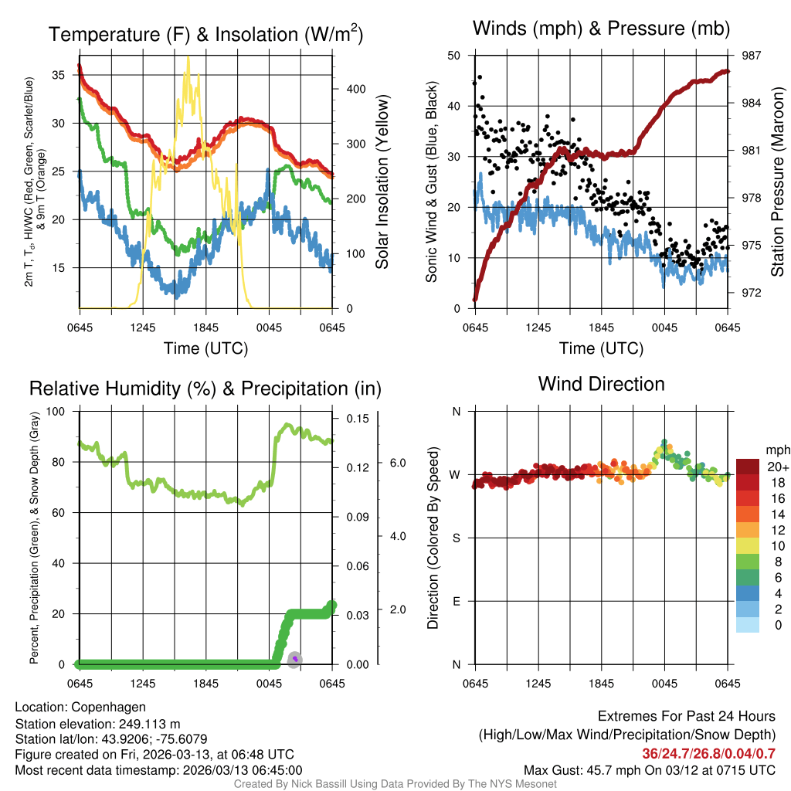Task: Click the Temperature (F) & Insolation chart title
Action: (205, 35)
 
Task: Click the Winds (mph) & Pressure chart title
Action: (602, 29)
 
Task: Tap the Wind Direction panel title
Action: (601, 384)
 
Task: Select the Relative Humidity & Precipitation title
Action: (205, 389)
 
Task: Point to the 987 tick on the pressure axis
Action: (752, 56)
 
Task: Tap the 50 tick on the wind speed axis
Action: (455, 56)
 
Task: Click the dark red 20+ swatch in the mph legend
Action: (749, 467)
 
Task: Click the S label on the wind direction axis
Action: (456, 538)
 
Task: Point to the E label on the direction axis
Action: (456, 601)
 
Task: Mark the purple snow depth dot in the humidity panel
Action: (294, 659)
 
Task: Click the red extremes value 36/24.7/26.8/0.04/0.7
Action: (708, 753)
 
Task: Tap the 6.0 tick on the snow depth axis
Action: (396, 462)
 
